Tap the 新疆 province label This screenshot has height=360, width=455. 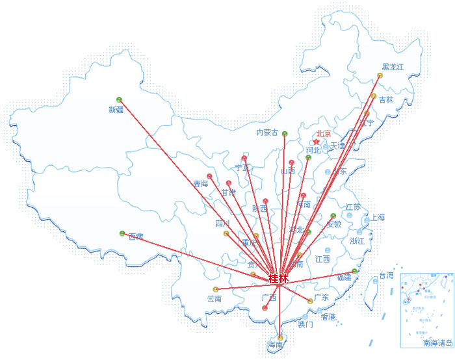tap(116, 110)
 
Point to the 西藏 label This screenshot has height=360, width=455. tap(136, 237)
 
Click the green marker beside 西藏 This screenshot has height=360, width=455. tap(122, 233)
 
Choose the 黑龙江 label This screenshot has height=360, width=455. tap(393, 66)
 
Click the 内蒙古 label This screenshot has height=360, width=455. tap(266, 133)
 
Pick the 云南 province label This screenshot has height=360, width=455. tap(214, 299)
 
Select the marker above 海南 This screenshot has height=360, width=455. tap(280, 337)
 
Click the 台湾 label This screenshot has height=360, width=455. tap(386, 276)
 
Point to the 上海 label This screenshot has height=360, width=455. tap(377, 217)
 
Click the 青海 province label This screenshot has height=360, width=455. tap(200, 184)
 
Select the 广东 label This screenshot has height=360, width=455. tap(321, 298)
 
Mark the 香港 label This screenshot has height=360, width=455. tap(328, 317)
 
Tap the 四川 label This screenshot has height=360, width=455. tap(222, 224)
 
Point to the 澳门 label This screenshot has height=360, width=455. tap(305, 324)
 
